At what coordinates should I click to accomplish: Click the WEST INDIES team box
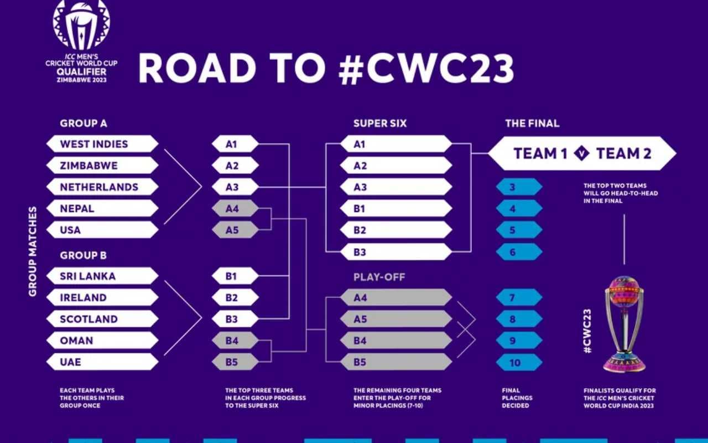coord(102,144)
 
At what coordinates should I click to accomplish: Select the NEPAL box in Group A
coord(102,209)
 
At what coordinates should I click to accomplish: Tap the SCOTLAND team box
coord(102,319)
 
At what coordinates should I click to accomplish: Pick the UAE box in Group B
coord(102,362)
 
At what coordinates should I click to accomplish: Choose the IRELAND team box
coord(102,297)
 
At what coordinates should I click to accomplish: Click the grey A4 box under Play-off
coord(395,298)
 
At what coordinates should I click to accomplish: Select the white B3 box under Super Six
coord(395,252)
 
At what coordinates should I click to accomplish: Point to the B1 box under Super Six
coord(395,209)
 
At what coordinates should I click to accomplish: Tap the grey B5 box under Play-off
coord(395,362)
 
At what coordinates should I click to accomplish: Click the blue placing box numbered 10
coord(518,363)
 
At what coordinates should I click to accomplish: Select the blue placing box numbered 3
coord(518,187)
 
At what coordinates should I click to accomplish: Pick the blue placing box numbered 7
coord(518,298)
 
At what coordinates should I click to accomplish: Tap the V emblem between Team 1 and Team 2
coord(581,153)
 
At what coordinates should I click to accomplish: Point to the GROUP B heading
coord(84,255)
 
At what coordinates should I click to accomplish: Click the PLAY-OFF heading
coord(379,277)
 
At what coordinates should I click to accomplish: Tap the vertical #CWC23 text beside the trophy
coord(587,331)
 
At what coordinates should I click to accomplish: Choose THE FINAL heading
coord(532,123)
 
